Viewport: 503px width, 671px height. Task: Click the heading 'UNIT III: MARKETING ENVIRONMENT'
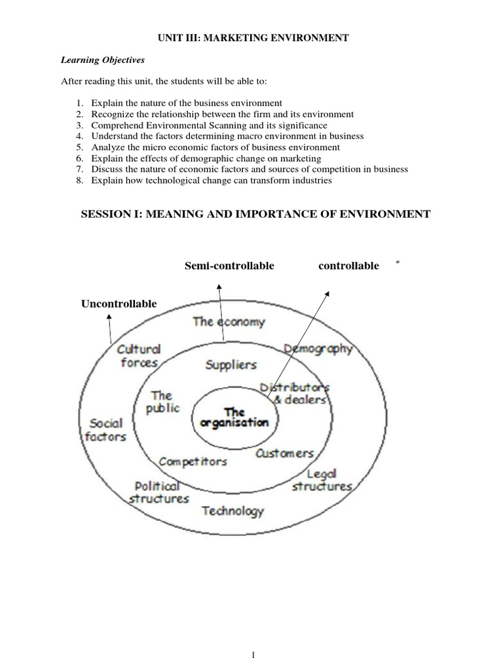(251, 39)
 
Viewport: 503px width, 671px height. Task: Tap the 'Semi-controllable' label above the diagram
(229, 265)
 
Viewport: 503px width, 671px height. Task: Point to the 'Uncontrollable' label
(119, 304)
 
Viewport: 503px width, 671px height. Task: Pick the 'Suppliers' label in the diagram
(231, 364)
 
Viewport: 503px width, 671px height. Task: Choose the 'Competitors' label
(193, 461)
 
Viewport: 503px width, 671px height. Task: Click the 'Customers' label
(284, 453)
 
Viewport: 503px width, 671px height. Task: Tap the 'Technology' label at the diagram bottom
(233, 511)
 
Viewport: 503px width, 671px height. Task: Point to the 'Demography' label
(319, 349)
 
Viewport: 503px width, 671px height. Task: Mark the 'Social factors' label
(106, 430)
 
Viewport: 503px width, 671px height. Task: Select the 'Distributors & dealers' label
(295, 393)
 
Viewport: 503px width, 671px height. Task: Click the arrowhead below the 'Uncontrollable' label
(109, 316)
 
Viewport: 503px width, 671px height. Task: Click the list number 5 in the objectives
(79, 147)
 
